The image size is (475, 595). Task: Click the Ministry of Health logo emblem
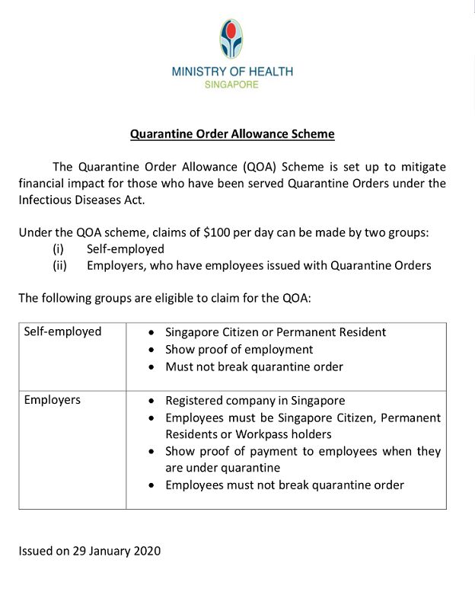[231, 39]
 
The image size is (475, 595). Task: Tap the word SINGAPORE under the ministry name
[231, 85]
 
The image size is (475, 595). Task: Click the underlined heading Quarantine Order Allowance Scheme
[232, 135]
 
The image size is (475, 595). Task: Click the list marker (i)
[58, 249]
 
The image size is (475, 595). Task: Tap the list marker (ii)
[59, 266]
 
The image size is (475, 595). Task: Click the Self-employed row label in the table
[62, 332]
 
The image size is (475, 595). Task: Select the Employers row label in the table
[52, 400]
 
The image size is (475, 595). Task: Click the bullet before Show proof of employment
[154, 350]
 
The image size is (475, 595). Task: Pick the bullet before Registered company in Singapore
[154, 401]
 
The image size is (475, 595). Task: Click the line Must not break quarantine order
[254, 366]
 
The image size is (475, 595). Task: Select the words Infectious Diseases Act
[80, 200]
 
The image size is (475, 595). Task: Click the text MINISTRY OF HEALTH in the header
[232, 72]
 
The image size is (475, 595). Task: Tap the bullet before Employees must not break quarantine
[154, 485]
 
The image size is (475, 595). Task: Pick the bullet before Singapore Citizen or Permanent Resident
[154, 333]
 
